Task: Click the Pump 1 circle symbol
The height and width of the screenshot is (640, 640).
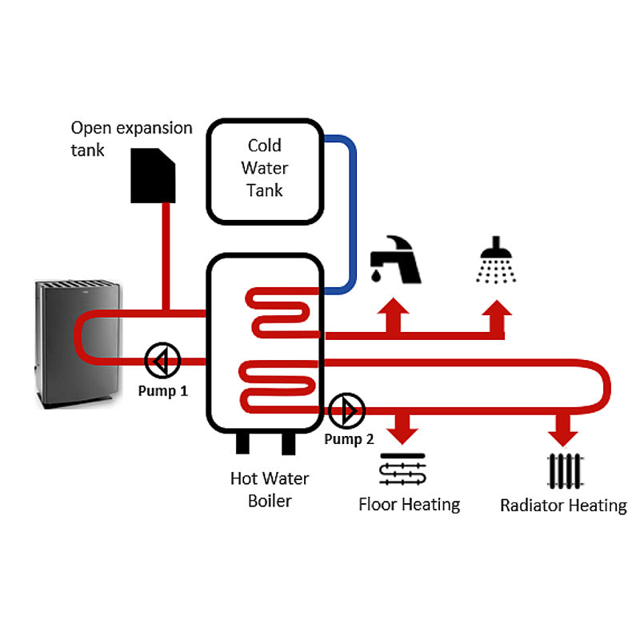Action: (x=163, y=361)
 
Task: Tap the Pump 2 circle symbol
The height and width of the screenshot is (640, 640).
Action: (x=346, y=411)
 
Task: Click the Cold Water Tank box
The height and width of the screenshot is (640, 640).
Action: (x=266, y=169)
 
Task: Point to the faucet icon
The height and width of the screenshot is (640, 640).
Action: (x=394, y=259)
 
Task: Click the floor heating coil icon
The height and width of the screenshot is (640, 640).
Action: (x=403, y=470)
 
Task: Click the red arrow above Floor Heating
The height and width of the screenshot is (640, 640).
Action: (x=403, y=428)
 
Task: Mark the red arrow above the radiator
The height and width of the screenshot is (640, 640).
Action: (x=564, y=428)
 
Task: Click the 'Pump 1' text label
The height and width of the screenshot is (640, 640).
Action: (x=162, y=392)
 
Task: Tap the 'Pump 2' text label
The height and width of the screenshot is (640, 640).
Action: (x=349, y=439)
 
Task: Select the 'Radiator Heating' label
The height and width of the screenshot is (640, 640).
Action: (x=563, y=506)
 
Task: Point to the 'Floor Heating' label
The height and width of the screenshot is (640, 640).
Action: (x=409, y=505)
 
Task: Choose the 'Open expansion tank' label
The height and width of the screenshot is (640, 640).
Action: (x=131, y=138)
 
